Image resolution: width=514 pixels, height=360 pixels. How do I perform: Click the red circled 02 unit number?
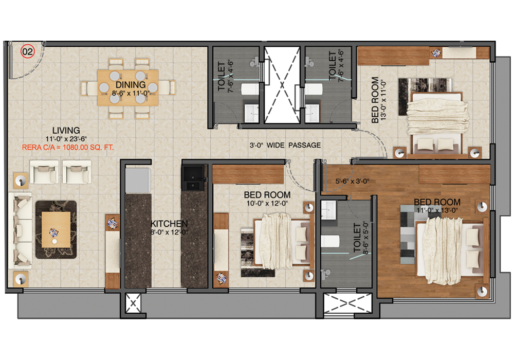(x=27, y=51)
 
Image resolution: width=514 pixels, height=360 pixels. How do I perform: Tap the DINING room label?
(x=131, y=85)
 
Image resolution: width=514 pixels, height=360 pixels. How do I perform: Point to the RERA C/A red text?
(x=68, y=147)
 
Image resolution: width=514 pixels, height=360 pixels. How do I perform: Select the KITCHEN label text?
(x=169, y=224)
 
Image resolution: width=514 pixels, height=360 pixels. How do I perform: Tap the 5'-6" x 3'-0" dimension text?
(x=354, y=181)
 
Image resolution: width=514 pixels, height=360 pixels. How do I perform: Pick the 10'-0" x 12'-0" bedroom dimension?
(x=267, y=203)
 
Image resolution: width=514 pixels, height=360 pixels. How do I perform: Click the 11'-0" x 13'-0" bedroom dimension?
(x=437, y=210)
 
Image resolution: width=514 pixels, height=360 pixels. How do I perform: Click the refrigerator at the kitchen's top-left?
(x=137, y=177)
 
